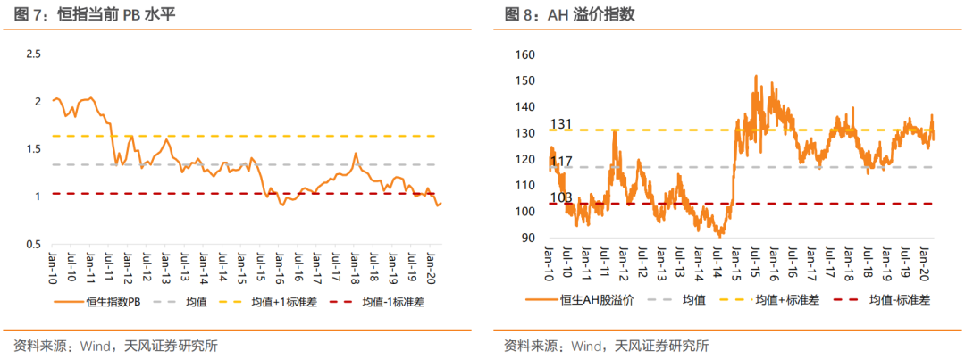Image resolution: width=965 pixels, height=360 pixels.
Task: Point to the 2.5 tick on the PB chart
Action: [34, 54]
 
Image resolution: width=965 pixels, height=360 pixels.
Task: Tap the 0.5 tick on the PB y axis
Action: [34, 244]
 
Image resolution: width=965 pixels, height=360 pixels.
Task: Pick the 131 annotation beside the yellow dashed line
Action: [561, 123]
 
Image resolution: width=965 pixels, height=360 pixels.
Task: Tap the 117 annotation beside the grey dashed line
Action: [561, 162]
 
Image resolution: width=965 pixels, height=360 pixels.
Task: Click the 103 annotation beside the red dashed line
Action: [561, 197]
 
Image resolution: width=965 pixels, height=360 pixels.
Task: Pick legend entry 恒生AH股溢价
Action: [596, 300]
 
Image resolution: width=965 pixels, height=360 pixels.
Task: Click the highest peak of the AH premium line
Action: [756, 77]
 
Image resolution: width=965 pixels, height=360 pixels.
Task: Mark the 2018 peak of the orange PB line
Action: [356, 154]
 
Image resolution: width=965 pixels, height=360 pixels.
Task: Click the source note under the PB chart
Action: [115, 346]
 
